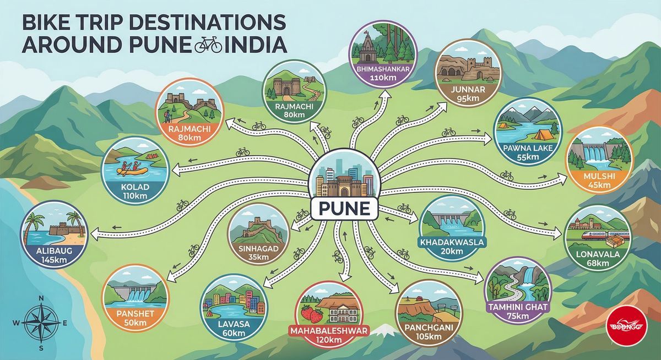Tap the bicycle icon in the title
[x=208, y=45]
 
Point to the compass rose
[x=40, y=323]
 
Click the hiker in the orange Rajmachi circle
[x=167, y=116]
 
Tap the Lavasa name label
[x=234, y=324]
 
